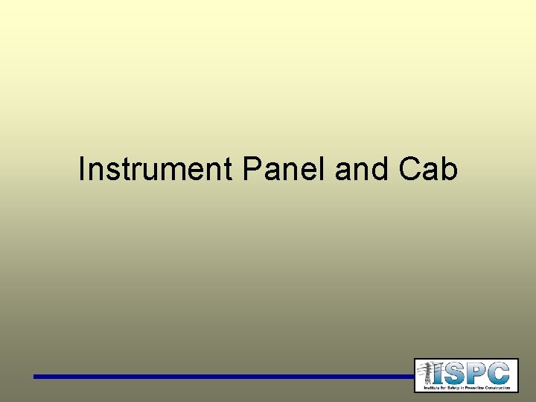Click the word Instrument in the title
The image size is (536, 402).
pyautogui.click(x=156, y=170)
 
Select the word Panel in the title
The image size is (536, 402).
pyautogui.click(x=285, y=170)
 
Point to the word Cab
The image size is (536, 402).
pyautogui.click(x=428, y=170)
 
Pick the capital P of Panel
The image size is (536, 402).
pyautogui.click(x=250, y=170)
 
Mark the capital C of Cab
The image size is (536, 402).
pyautogui.click(x=410, y=170)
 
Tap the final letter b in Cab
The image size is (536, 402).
pyautogui.click(x=449, y=170)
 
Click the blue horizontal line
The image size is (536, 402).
pyautogui.click(x=223, y=377)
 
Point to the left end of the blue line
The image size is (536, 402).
pyautogui.click(x=36, y=377)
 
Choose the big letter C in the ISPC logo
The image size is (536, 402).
pyautogui.click(x=500, y=372)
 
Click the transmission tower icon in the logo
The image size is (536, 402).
pyautogui.click(x=427, y=374)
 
